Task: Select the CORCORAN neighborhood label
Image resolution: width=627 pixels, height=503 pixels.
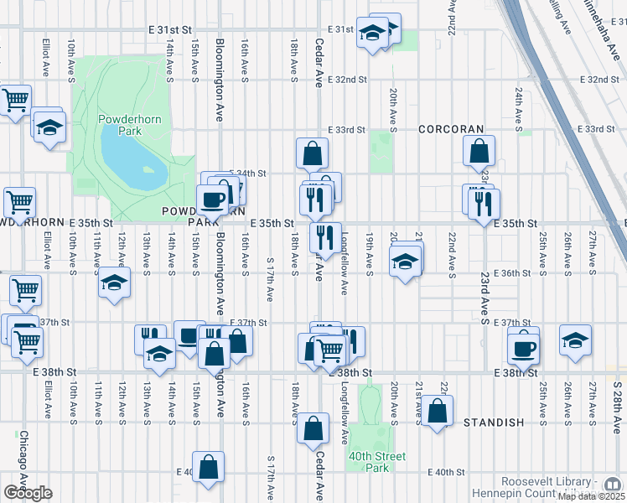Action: [451, 129]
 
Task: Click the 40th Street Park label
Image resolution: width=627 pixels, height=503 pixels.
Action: [377, 462]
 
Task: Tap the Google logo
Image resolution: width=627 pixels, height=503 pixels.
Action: [28, 492]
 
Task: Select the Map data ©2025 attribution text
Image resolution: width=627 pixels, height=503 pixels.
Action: [590, 496]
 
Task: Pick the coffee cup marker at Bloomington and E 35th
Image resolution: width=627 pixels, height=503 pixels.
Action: [211, 200]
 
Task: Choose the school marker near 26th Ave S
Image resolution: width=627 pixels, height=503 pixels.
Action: [575, 340]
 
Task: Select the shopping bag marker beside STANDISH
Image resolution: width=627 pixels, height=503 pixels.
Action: [438, 411]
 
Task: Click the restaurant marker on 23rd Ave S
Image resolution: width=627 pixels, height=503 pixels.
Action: [484, 204]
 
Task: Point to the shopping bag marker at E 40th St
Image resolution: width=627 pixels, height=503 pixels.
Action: [208, 466]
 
